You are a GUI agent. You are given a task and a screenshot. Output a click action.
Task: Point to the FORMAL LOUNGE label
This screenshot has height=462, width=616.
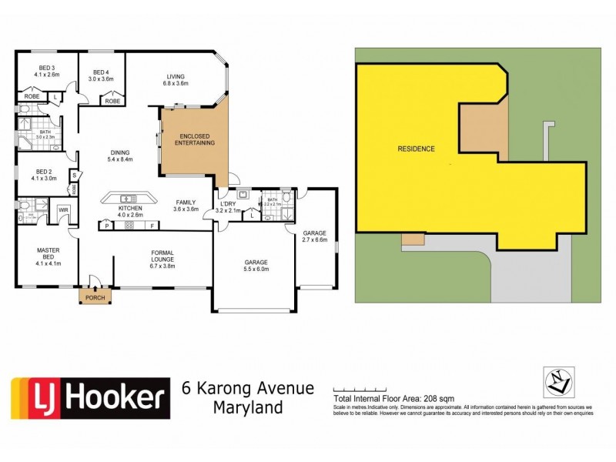tap(162, 256)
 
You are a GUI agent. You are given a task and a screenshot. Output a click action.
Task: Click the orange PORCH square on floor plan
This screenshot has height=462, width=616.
tap(95, 297)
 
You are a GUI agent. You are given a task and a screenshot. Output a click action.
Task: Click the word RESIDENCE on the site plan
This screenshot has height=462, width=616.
tap(416, 149)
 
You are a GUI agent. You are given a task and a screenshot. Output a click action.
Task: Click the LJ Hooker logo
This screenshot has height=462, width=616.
tap(90, 397)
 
